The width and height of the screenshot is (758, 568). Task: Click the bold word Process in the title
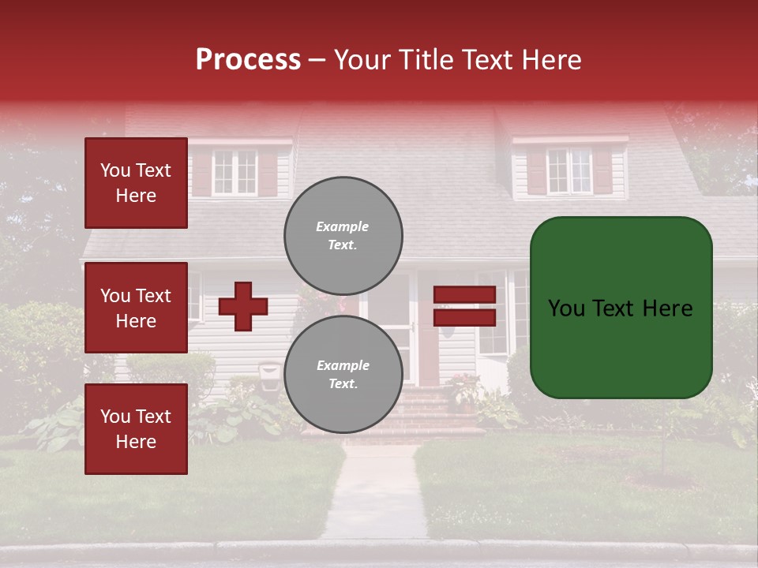248,60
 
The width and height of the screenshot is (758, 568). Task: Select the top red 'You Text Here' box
136,183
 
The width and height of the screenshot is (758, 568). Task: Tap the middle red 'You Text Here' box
136,308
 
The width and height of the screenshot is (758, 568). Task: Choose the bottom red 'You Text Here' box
136,428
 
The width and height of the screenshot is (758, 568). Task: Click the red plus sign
243,306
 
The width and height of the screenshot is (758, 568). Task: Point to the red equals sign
464,306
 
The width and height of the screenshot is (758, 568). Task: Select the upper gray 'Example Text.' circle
343,235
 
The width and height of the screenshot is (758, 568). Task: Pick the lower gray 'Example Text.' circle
343,374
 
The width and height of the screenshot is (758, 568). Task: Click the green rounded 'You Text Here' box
621,308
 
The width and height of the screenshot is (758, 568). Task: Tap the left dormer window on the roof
235,171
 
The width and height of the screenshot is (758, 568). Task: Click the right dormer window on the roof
569,170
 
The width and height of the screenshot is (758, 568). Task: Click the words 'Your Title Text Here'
458,60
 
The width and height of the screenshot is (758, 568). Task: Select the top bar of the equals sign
464,294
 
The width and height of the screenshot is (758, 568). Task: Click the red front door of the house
427,347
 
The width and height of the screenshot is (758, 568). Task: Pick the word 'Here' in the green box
666,308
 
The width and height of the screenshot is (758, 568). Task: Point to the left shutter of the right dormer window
537,171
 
